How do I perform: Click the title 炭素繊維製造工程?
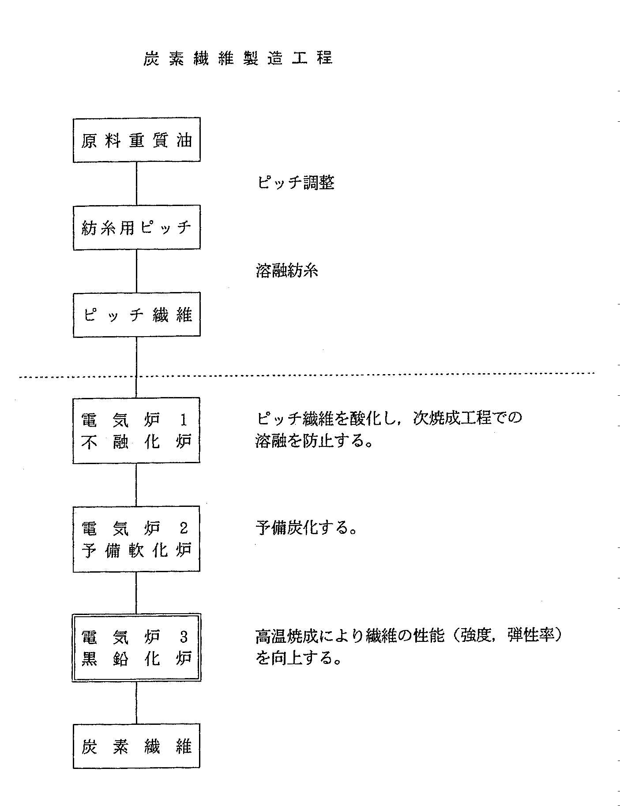click(238, 58)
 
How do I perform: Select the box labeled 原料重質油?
click(137, 139)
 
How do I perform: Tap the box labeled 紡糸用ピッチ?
click(137, 228)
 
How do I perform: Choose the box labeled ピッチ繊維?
click(137, 315)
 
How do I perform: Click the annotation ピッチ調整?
click(295, 183)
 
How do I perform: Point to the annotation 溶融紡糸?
click(287, 270)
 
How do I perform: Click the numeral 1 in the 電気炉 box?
click(184, 420)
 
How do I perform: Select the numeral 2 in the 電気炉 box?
click(184, 528)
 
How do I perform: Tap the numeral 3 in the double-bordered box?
click(184, 637)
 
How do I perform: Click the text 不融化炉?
click(137, 442)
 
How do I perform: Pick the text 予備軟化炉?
click(137, 550)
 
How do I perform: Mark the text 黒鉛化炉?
click(137, 659)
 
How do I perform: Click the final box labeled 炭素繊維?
click(136, 746)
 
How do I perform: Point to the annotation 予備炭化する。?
click(306, 528)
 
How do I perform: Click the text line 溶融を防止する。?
click(314, 441)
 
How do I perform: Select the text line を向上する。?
click(299, 658)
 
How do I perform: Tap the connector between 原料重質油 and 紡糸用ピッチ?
click(136, 184)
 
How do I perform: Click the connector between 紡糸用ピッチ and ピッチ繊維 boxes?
click(136, 271)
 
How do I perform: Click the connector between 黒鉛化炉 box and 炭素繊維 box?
click(136, 703)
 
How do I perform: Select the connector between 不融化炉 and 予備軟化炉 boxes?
click(136, 485)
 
